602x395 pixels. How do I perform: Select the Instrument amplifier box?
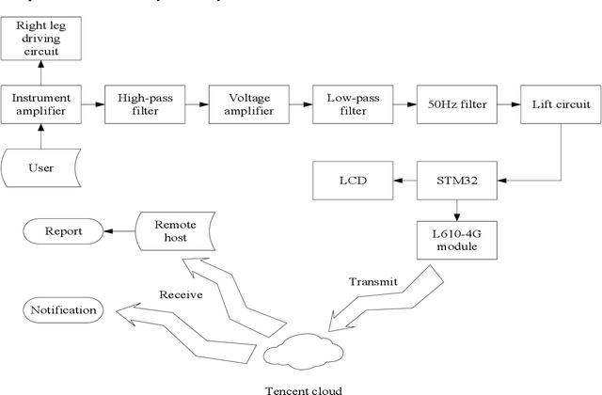tap(40, 103)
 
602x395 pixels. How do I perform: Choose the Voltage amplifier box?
tap(246, 103)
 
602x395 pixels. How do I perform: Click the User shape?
tap(41, 167)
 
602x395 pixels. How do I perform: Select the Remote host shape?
tap(175, 231)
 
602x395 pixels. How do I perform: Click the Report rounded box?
tap(62, 230)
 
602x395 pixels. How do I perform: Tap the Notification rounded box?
tap(62, 309)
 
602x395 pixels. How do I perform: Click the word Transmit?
tap(373, 281)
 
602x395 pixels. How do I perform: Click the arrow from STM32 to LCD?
tap(403, 179)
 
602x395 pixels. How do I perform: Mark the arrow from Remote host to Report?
tap(119, 230)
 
